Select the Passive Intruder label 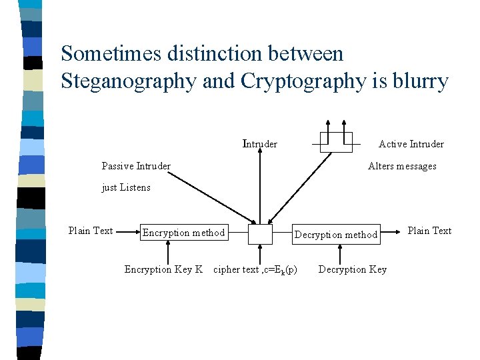[136, 166]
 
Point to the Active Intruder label [411, 144]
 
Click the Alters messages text [402, 166]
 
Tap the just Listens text [126, 187]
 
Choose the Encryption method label [183, 233]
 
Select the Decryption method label [336, 235]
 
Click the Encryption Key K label [163, 269]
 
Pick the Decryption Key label [353, 269]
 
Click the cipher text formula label [255, 269]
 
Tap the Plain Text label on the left [91, 231]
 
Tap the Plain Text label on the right [429, 231]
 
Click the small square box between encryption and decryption [260, 234]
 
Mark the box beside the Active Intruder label [335, 142]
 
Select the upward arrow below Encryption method [169, 253]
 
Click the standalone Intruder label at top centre [260, 144]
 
